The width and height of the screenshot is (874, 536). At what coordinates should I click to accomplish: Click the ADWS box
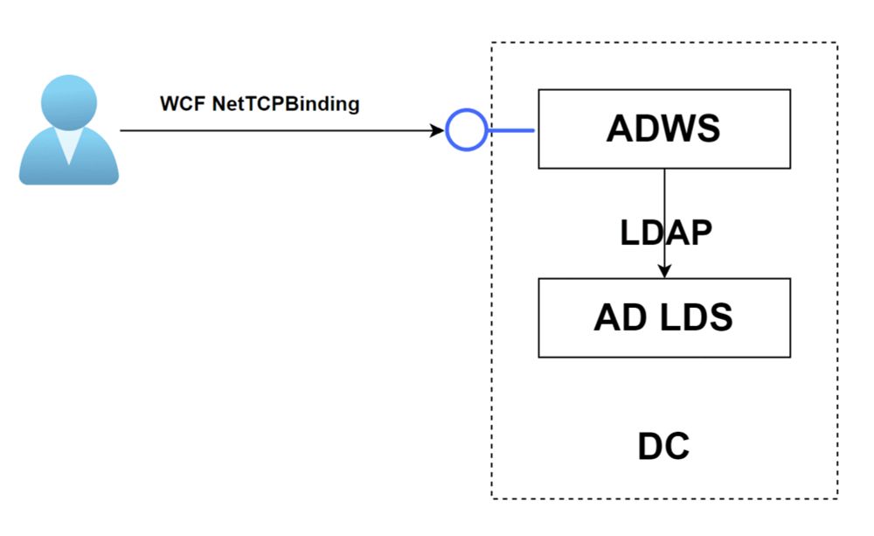tap(664, 129)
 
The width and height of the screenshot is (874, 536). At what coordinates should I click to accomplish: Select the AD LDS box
tap(664, 317)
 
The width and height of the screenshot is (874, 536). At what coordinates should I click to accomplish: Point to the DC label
tap(662, 447)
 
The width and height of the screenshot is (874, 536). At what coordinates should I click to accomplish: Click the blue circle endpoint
tap(466, 131)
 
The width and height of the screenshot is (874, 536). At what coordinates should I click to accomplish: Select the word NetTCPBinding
tap(286, 103)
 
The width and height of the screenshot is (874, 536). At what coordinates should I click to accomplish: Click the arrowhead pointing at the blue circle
tap(437, 131)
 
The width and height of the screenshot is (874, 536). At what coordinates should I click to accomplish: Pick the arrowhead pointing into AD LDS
tap(664, 271)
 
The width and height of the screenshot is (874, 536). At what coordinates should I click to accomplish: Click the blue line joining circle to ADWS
tap(510, 131)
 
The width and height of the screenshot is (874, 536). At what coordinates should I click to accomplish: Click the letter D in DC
tap(650, 447)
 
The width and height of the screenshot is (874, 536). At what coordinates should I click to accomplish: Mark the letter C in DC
tap(676, 447)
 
